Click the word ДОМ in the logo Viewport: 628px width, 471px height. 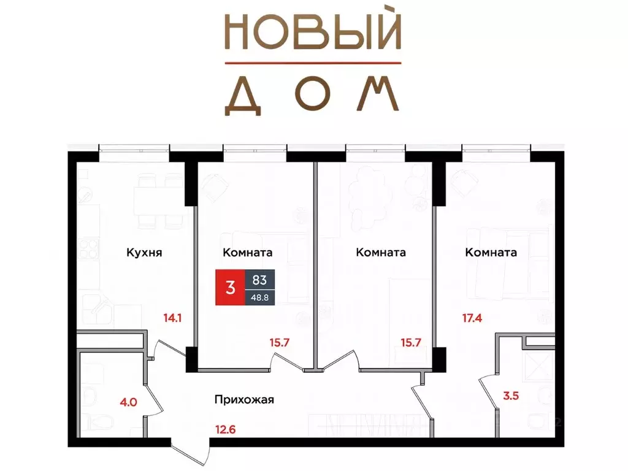click(312, 95)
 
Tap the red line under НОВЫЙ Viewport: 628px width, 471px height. click(313, 63)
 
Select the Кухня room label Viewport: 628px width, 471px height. click(144, 253)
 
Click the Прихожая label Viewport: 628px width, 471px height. click(244, 400)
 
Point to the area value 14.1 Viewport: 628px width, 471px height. click(172, 318)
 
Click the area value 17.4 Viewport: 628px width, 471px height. click(472, 318)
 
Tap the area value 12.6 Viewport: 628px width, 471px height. click(225, 430)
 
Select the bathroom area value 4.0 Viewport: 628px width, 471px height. click(129, 402)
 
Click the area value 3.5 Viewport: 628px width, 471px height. click(511, 396)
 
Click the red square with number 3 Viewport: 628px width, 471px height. click(231, 288)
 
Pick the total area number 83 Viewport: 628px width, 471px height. click(259, 280)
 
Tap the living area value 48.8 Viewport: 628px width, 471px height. click(259, 297)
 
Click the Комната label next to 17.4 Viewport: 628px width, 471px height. click(491, 252)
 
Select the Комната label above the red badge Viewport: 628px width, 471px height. click(248, 252)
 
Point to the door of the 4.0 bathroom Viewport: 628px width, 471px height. click(153, 399)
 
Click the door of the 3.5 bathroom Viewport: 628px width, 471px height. click(488, 392)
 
